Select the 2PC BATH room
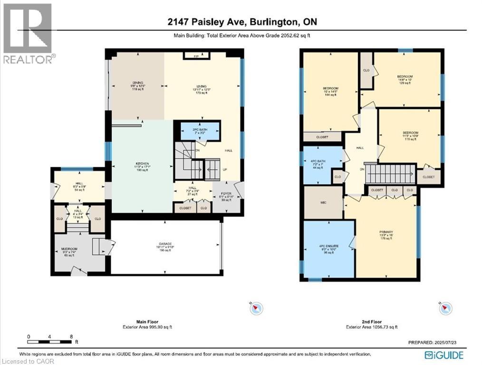click(199, 130)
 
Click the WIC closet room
click(323, 202)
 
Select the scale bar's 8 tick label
click(71, 336)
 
